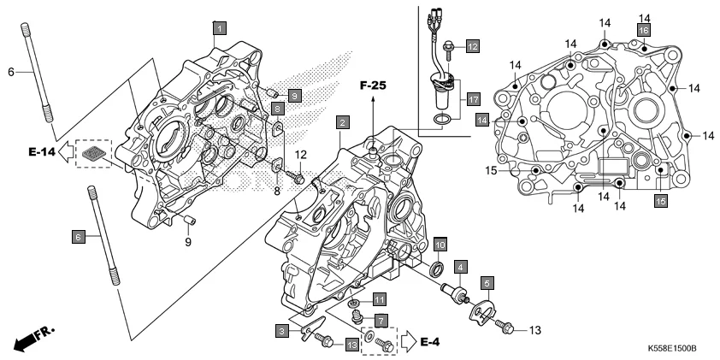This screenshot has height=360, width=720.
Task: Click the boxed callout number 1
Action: pos(220,28)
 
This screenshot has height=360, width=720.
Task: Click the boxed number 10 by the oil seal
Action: pos(440,245)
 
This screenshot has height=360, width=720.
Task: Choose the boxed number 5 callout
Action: pos(486,281)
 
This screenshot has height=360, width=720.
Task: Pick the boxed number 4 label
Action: pos(460,266)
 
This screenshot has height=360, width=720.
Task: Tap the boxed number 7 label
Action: pos(381,320)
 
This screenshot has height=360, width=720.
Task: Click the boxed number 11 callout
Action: pos(380,298)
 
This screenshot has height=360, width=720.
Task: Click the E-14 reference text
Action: pos(43,152)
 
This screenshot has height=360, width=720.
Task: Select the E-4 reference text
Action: pos(431,343)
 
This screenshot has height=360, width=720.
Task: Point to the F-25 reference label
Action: pos(374,86)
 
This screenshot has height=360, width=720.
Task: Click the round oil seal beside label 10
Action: pos(436,271)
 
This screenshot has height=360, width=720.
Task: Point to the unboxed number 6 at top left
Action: pos(12,73)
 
